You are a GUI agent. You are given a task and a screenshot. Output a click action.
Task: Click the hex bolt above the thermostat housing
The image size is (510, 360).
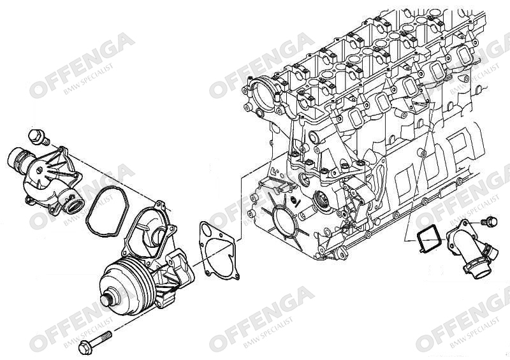click(38, 137)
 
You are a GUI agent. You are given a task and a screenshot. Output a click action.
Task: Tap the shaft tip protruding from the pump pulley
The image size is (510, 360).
click(106, 300)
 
